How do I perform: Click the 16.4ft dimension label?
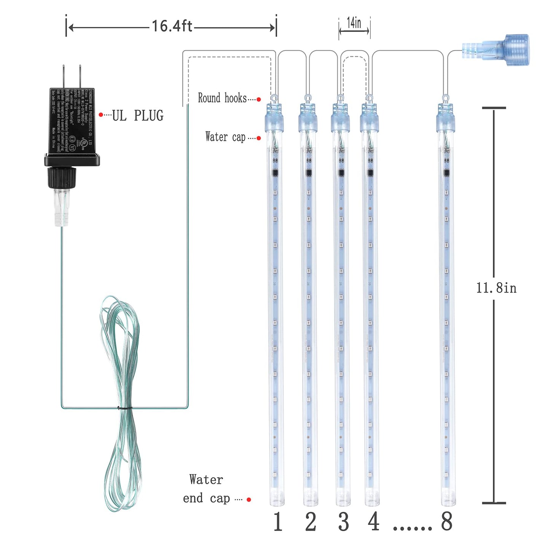pos(172,26)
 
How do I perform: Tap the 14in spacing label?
pos(354,23)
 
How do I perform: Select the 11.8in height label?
pos(496,288)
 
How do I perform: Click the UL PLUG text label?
pos(137,115)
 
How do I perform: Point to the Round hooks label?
pos(222,98)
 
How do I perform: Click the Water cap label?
pos(225,137)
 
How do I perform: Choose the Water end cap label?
pos(206,489)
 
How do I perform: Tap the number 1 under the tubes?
pos(278,522)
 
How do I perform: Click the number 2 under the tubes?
pos(311,522)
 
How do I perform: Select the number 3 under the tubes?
pos(343,522)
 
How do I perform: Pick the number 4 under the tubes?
pos(373,522)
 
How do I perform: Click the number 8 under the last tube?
pos(446,522)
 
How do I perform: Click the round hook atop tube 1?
pos(274,97)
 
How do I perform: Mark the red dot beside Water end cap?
pos(249,499)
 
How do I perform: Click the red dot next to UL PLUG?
pos(100,115)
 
